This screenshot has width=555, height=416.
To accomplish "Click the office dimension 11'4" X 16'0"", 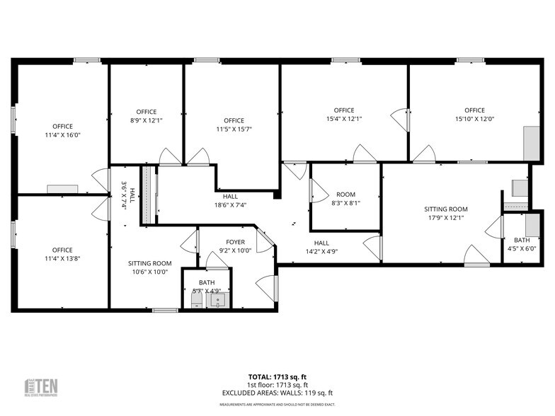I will coord(62,134).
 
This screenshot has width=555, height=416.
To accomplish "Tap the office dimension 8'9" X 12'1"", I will coord(147,120).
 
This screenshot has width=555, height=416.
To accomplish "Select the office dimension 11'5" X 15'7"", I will coord(234,129).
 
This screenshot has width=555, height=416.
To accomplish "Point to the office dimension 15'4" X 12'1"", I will coord(344,119).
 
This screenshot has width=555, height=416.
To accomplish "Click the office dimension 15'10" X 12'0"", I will coord(474,119).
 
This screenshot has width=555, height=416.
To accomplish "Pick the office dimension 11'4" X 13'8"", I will coord(62,258).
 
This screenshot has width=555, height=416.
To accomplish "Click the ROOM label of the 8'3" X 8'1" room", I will coord(345,195).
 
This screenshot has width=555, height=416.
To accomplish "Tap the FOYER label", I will coord(235,241).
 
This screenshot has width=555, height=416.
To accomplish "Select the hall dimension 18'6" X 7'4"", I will coord(230,205).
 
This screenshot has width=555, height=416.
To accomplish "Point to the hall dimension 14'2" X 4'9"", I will coord(321,250).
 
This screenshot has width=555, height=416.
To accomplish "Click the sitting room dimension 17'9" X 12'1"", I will coord(446,218).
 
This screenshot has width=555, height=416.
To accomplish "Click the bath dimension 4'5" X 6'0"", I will coord(522,248).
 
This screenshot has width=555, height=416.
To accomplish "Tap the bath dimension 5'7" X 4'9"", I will coord(207,290).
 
